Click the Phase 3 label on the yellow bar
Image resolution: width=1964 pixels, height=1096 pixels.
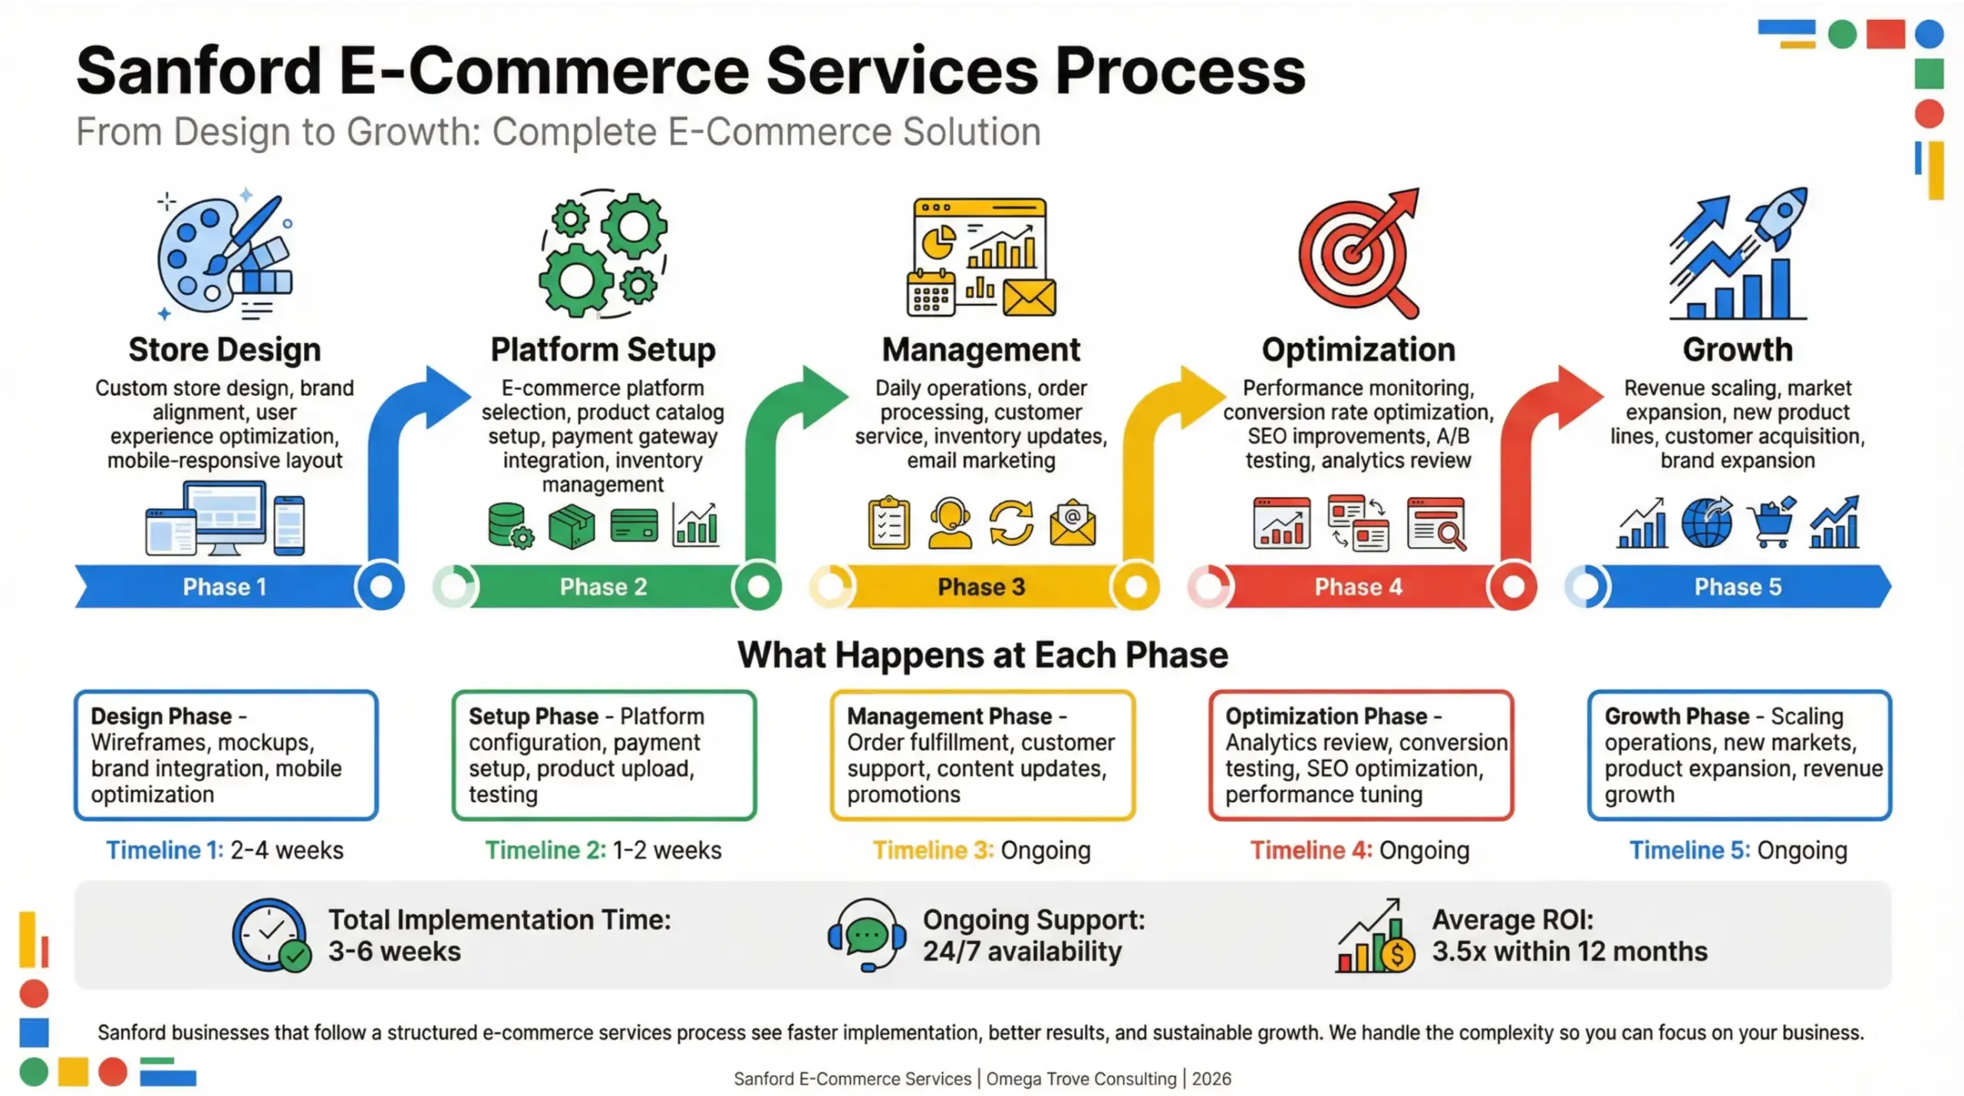[981, 587]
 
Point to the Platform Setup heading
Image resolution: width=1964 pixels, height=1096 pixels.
[603, 350]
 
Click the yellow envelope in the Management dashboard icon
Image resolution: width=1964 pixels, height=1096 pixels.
[1030, 298]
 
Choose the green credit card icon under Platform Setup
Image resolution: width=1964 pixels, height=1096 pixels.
[634, 526]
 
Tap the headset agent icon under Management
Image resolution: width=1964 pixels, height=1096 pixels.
[950, 523]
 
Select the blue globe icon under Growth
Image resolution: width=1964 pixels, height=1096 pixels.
[1706, 523]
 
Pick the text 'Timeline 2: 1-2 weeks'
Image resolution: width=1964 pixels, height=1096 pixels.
[603, 850]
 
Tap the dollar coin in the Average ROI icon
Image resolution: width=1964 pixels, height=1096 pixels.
[1397, 955]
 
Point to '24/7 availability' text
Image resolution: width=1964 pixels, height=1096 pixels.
[1022, 952]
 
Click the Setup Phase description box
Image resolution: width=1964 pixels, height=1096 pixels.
[604, 755]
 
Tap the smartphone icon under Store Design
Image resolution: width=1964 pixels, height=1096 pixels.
[289, 526]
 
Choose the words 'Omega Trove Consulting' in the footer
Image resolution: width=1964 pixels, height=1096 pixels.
[1081, 1079]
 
